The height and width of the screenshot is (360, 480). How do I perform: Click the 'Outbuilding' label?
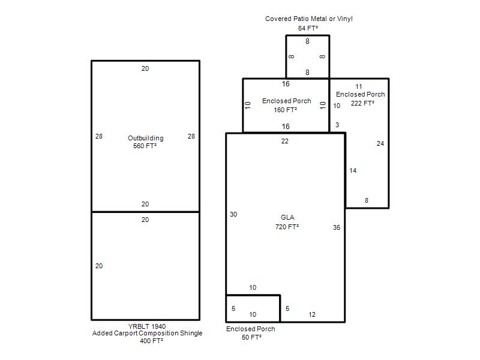(x=146, y=138)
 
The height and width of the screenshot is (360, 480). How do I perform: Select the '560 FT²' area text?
(x=145, y=146)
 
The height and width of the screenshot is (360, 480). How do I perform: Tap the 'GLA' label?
(x=287, y=217)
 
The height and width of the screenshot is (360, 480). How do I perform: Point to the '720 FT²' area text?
(x=287, y=227)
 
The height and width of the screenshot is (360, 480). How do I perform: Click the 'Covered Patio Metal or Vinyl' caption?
(x=309, y=19)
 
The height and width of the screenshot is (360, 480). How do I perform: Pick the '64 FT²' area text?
(x=308, y=28)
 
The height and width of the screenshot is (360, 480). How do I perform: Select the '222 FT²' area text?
(x=362, y=103)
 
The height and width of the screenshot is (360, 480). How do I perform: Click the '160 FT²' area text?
(x=286, y=110)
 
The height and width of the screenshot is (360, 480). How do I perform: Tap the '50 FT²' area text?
(x=251, y=337)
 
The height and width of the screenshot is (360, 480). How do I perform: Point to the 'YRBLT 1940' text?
(x=147, y=326)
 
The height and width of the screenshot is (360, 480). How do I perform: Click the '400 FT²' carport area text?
(x=152, y=341)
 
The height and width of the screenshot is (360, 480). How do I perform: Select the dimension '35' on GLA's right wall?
(x=337, y=227)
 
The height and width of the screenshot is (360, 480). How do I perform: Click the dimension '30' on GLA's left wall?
(x=233, y=214)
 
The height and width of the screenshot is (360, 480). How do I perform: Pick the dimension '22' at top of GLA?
(x=284, y=141)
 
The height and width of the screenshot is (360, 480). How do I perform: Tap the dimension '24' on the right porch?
(x=380, y=143)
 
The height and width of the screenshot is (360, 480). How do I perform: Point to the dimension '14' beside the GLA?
(x=353, y=170)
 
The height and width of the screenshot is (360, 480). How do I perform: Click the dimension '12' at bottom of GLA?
(x=312, y=314)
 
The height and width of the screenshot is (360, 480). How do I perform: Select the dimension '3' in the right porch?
(x=337, y=125)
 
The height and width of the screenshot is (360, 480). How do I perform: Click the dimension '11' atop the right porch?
(x=359, y=86)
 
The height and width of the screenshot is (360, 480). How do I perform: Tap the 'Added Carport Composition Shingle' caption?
(x=147, y=334)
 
